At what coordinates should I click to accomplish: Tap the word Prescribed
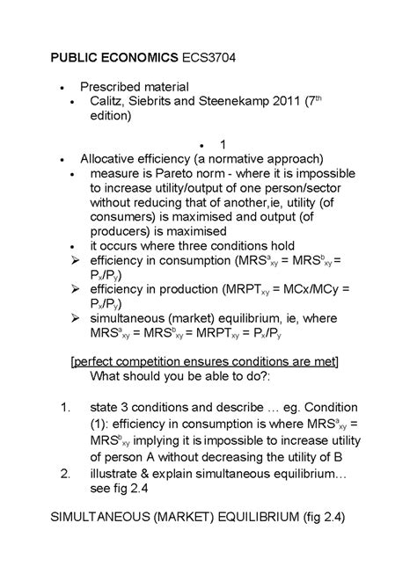click(113, 87)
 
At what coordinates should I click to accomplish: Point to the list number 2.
click(63, 475)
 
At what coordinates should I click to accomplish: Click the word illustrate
click(118, 475)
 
